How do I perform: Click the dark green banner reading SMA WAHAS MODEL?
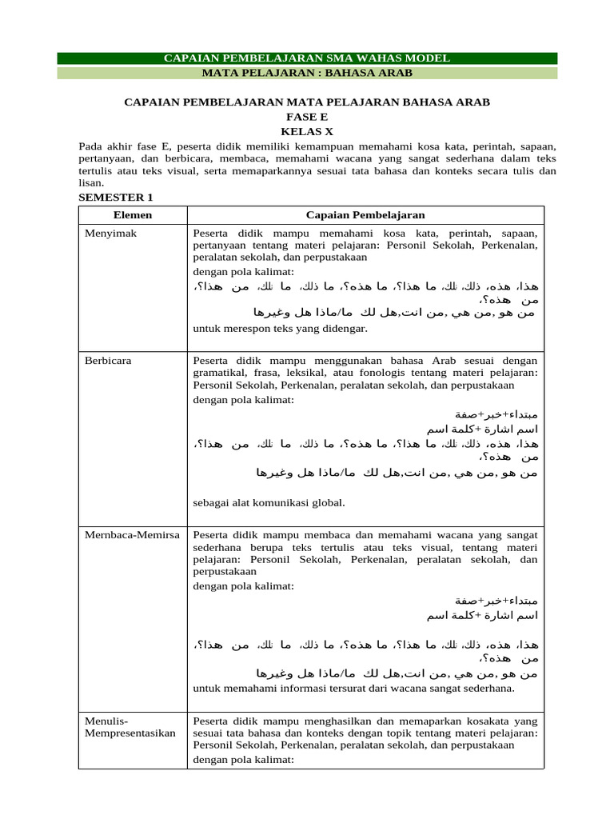point(307,58)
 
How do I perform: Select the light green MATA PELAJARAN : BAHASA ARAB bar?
point(307,73)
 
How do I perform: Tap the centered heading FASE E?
point(307,116)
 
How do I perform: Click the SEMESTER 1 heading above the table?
point(115,197)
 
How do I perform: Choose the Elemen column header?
point(133,215)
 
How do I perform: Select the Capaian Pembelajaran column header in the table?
point(365,215)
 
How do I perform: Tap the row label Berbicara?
point(108,361)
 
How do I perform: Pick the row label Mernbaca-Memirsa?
point(132,534)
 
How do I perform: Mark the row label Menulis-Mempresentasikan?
point(130,726)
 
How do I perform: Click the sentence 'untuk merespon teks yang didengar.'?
point(269,329)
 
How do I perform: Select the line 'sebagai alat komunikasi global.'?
point(269,502)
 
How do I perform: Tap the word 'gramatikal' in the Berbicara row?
point(217,374)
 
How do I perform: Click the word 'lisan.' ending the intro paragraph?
point(91,182)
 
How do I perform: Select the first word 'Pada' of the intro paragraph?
point(90,147)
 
